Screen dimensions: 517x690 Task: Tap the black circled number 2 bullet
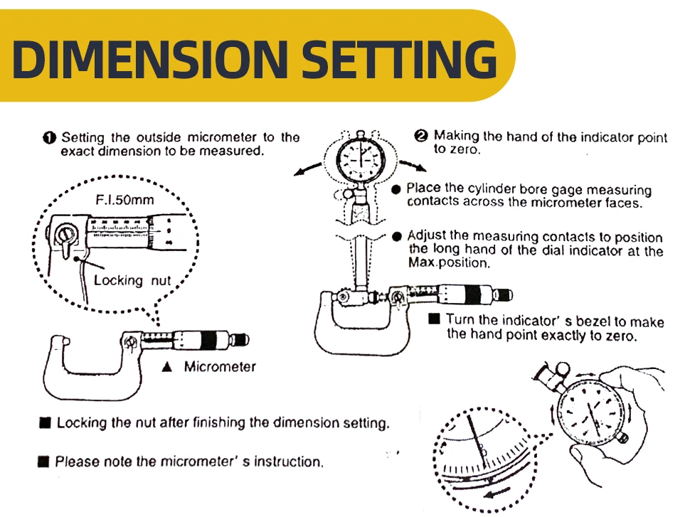tap(421, 136)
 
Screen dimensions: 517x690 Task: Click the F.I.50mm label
tap(125, 200)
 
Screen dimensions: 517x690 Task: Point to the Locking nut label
tap(132, 280)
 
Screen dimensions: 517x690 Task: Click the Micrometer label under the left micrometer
tap(220, 367)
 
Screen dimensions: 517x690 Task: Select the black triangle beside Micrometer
tap(167, 368)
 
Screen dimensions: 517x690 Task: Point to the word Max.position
tap(449, 263)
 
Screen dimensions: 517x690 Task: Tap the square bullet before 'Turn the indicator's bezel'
tap(435, 319)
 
